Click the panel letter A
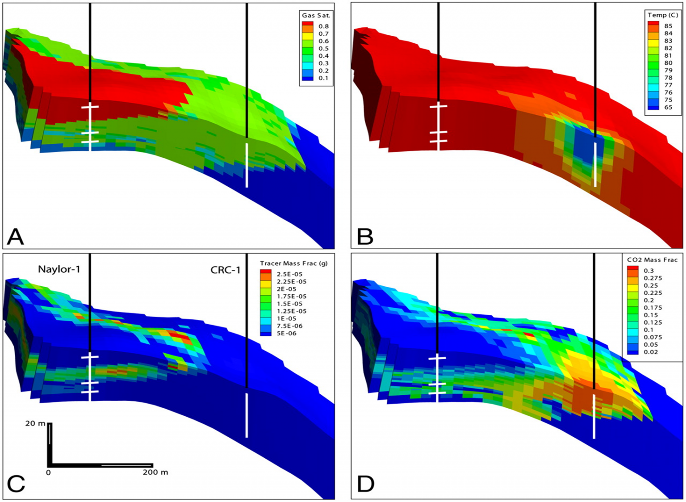click(x=15, y=237)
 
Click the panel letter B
click(x=365, y=237)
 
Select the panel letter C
click(x=16, y=484)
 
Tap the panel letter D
click(x=366, y=484)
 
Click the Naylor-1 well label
click(x=59, y=269)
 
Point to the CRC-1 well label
click(x=226, y=270)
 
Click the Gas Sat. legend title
click(x=316, y=16)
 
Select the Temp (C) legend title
click(x=663, y=15)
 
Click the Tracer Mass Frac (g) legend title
click(x=293, y=264)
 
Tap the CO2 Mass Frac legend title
click(x=652, y=260)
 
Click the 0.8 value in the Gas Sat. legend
click(x=323, y=26)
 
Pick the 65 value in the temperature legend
click(x=668, y=107)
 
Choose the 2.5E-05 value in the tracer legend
click(x=289, y=274)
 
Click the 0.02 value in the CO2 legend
click(x=651, y=352)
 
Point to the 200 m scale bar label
click(x=155, y=472)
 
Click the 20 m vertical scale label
click(x=35, y=423)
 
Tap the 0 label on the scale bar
click(x=49, y=473)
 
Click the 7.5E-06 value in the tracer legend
click(x=289, y=326)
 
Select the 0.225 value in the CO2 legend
click(x=653, y=293)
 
